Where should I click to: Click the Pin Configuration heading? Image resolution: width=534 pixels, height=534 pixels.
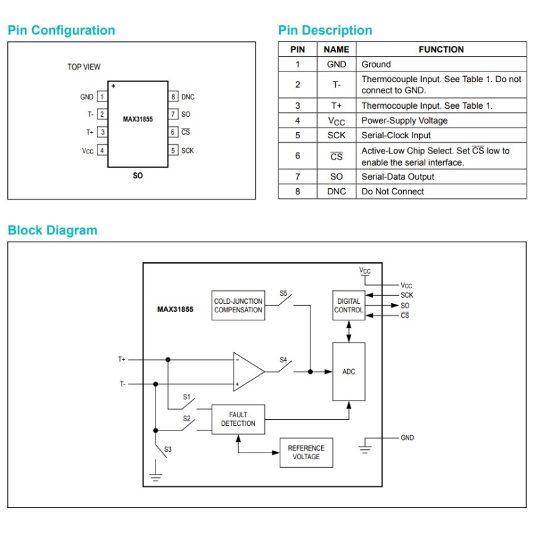pos(61,30)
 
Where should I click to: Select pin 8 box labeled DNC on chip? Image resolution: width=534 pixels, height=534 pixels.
pos(173,97)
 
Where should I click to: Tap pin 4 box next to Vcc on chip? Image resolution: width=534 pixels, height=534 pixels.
pos(102,150)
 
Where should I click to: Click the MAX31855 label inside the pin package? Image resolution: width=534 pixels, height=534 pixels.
pos(138,119)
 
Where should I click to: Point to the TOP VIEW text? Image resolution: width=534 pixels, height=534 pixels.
pos(84,67)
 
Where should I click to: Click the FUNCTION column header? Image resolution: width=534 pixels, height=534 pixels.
pos(441,49)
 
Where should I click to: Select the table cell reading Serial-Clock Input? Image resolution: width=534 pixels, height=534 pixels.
pos(396,136)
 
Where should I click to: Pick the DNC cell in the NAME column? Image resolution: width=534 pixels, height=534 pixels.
pos(336,192)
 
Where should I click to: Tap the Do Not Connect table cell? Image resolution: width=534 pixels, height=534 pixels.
pos(392,192)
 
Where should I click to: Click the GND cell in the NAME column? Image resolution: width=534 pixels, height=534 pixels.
pos(336,65)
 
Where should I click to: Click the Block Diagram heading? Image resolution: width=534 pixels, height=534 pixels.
pos(52,230)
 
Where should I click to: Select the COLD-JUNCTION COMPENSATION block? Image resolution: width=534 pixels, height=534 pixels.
pos(238,306)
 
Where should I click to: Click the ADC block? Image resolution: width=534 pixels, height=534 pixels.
pos(348,372)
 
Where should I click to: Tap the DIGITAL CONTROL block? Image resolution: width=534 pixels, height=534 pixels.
pos(348,306)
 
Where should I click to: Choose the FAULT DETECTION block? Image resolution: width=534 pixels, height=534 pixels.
pos(238,419)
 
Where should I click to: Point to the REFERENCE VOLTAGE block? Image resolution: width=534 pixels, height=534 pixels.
pos(306,453)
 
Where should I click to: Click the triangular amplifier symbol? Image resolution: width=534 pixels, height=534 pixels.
pos(248,372)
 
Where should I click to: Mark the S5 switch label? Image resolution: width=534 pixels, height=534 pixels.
pos(284,294)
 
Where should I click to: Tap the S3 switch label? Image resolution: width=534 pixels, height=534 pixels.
pos(168,450)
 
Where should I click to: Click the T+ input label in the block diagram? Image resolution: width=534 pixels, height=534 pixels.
pos(122,359)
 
